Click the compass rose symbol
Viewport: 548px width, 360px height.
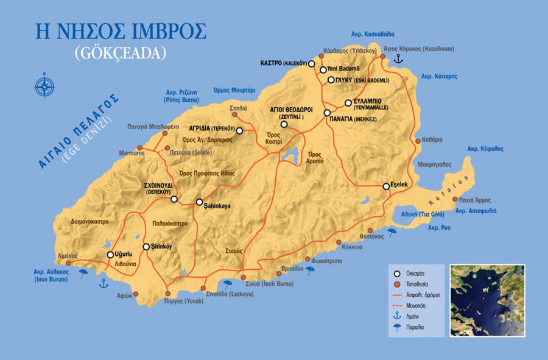[45, 85]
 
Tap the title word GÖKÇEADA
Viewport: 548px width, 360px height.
[120, 53]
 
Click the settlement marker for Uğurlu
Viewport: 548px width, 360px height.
[110, 255]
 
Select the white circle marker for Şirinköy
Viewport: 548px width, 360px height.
[146, 247]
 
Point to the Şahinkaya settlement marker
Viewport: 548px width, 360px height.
[199, 202]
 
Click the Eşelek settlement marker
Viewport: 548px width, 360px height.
[385, 186]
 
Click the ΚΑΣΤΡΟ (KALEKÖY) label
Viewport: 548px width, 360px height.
[278, 63]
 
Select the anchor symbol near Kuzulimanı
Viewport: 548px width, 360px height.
[399, 58]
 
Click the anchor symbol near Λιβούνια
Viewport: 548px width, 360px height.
[104, 283]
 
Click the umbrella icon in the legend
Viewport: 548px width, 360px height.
[397, 327]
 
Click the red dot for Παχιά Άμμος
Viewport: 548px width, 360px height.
[454, 200]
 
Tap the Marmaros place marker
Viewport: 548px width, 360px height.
[139, 147]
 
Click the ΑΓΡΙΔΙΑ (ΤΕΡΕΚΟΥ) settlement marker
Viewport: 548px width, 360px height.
[239, 130]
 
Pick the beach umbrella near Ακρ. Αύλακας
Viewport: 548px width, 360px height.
[83, 274]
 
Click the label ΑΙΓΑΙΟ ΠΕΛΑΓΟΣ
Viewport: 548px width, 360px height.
[76, 132]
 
